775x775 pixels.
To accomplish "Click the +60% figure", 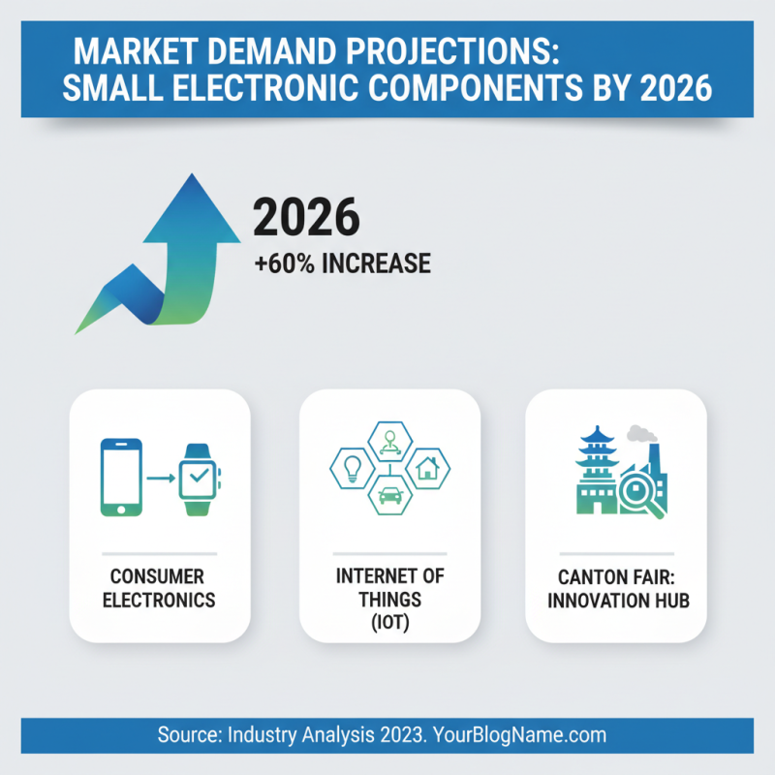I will coord(282,263).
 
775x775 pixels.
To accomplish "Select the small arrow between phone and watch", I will coord(160,476).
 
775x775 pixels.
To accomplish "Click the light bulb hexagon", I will coord(352,468).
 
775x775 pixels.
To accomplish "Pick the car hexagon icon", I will coord(388,494).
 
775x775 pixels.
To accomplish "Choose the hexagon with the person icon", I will coord(389,441).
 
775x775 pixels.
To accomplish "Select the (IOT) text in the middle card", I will coord(389,624).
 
